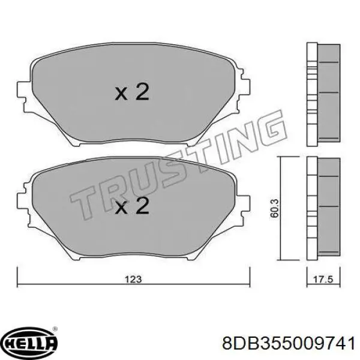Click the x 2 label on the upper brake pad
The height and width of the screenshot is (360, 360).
131,93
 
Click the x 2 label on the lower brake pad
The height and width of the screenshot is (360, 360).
131,207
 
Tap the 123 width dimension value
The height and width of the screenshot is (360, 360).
134,278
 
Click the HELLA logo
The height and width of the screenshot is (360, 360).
29,343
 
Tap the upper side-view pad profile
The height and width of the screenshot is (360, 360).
322,94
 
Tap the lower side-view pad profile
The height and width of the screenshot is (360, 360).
322,208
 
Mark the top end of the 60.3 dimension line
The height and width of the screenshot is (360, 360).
283,157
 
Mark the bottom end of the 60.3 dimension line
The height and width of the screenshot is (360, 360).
283,261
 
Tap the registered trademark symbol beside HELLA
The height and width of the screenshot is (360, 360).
55,329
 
